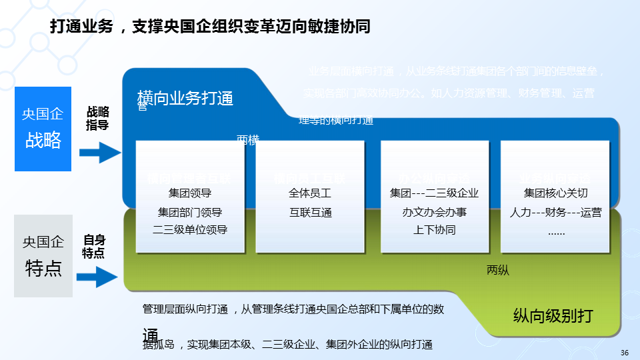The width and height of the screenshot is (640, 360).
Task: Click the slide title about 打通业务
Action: pos(210,27)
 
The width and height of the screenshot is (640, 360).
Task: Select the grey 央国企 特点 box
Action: pos(43,255)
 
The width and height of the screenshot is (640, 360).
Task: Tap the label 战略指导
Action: pos(98,118)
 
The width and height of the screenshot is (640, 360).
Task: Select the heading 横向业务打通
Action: pos(185,99)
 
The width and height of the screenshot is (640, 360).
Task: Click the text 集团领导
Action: pos(190,194)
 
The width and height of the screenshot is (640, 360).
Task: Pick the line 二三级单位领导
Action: pos(190,230)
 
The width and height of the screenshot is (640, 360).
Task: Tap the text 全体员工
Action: pos(310,194)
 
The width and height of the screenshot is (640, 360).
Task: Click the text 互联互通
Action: pos(310,213)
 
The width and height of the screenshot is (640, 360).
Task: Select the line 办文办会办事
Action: pos(434,213)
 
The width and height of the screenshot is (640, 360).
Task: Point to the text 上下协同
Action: pos(434,230)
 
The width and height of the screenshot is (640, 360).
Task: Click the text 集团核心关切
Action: pos(556,194)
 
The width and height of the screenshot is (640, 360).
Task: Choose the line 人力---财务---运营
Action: pos(556,213)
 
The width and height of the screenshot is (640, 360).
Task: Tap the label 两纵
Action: pos(498,270)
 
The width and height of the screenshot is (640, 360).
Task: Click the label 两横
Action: pos(248,139)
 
